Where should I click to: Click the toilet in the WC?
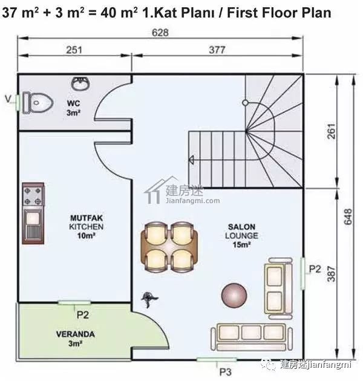click(38, 103)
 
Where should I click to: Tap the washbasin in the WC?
click(80, 83)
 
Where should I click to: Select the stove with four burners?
click(33, 195)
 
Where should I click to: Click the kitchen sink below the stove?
click(33, 226)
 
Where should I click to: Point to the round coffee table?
click(234, 296)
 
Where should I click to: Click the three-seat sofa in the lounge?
click(252, 337)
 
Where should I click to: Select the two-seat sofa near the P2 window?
click(278, 288)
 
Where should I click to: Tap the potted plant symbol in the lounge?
click(149, 299)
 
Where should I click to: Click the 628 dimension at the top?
click(160, 33)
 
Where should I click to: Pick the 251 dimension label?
click(74, 50)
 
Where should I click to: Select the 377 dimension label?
click(217, 50)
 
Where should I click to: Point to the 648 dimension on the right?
click(348, 217)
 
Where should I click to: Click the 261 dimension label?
click(331, 131)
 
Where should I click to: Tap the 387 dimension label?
click(331, 274)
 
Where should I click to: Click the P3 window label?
click(225, 372)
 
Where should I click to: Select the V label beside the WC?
click(8, 99)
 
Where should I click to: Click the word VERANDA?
click(76, 334)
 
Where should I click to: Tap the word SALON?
click(241, 227)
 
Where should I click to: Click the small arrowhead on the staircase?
click(192, 160)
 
